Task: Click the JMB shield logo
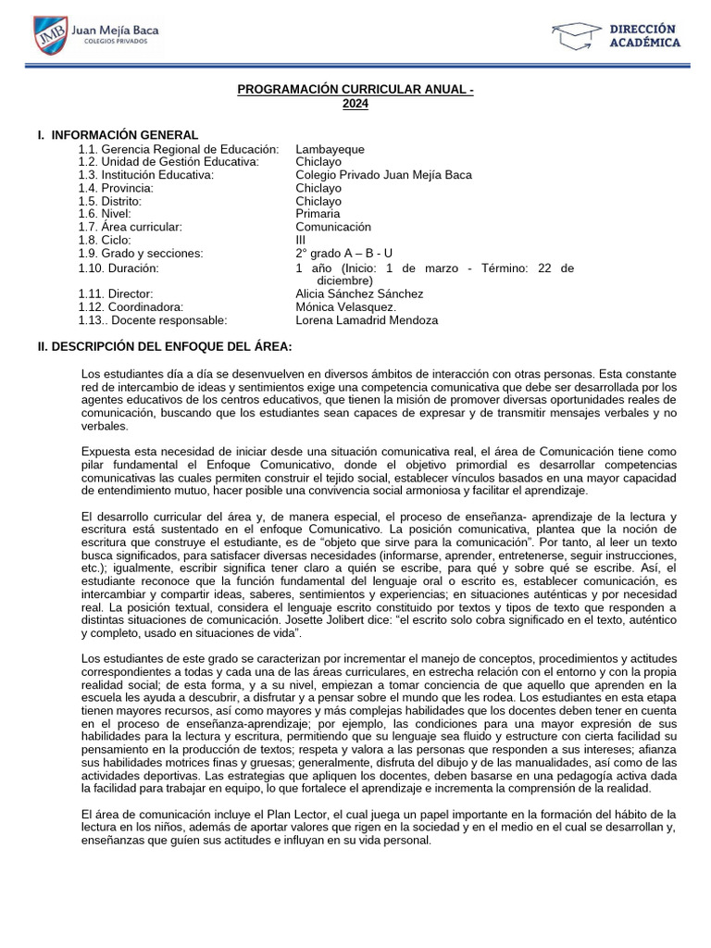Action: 51,35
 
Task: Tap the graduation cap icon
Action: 575,36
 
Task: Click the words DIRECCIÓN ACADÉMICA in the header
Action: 643,35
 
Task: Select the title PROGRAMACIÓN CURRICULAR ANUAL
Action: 355,91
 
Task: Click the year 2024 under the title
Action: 355,104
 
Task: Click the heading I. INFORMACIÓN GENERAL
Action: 118,135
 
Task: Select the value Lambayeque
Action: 330,149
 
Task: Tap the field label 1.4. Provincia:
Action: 116,188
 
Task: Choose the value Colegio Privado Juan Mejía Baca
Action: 383,175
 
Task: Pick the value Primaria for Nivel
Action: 318,214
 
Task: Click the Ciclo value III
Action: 301,240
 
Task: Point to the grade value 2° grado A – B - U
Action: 343,253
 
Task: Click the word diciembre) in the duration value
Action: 345,280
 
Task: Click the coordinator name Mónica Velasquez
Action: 345,306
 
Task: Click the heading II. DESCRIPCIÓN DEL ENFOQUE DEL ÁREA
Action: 165,346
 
